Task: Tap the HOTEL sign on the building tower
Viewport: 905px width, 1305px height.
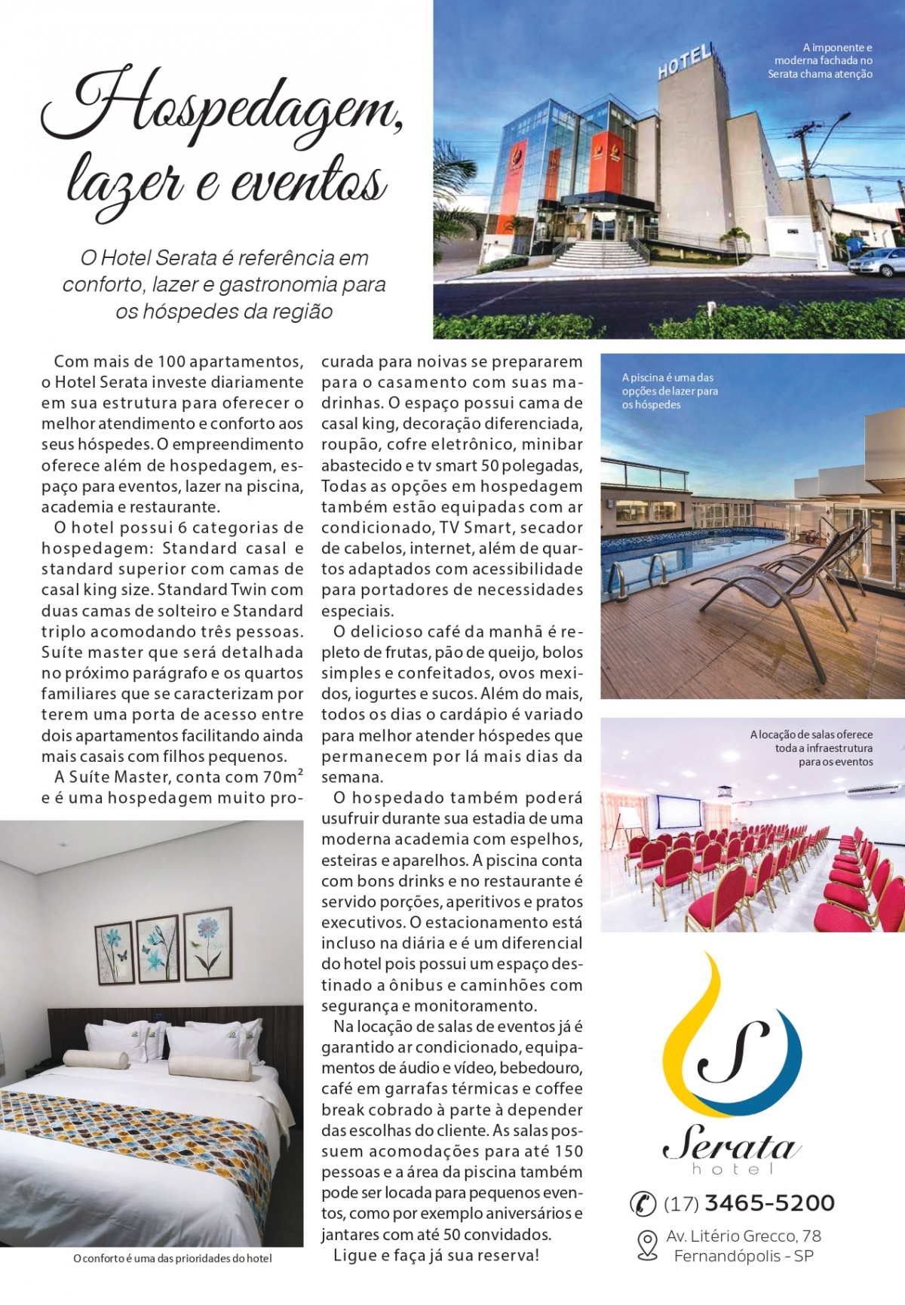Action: [685, 61]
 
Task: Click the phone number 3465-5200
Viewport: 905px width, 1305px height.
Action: [769, 1203]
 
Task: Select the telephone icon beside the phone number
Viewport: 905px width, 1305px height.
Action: [643, 1204]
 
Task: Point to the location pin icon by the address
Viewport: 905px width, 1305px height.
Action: [647, 1245]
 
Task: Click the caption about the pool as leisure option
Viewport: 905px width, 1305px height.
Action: [670, 391]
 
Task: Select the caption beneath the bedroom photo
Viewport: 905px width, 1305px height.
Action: [173, 1258]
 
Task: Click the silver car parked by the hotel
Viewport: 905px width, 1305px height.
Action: [875, 262]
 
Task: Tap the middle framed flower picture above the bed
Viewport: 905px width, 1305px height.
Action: [158, 948]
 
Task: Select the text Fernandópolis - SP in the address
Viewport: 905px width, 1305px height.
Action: [744, 1256]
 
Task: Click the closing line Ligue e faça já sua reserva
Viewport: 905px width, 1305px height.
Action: [436, 1255]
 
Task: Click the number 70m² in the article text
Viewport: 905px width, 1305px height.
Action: [270, 776]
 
